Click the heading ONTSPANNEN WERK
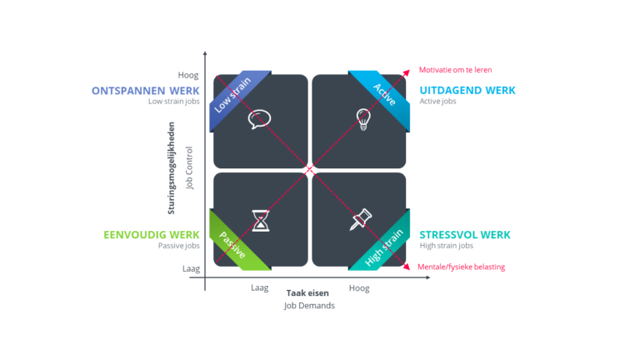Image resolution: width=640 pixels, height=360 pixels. pos(147,90)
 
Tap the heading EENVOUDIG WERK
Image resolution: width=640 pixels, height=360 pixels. pos(152,234)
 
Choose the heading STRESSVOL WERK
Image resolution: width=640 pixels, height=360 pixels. pos(463,234)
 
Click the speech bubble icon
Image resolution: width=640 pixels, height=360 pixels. pos(260,119)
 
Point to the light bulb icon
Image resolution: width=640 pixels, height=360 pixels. pos(362,118)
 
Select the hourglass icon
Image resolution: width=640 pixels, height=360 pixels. pos(262,220)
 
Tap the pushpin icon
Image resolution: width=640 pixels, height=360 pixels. pos(361,220)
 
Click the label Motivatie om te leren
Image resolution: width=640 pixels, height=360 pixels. pos(456,70)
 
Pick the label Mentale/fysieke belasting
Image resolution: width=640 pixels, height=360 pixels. pos(462,267)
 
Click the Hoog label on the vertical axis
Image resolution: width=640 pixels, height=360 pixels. pos(188,75)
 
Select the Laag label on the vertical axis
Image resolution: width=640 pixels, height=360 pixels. pos(191,268)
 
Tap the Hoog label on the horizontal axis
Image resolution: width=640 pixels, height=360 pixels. pos(359,288)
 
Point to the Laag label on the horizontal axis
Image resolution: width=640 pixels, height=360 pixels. pos(260,288)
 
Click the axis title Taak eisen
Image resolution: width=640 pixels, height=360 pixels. pos(307,293)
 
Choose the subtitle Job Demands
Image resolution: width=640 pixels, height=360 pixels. pos(309,306)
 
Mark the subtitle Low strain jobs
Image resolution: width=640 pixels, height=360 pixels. pos(174,102)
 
